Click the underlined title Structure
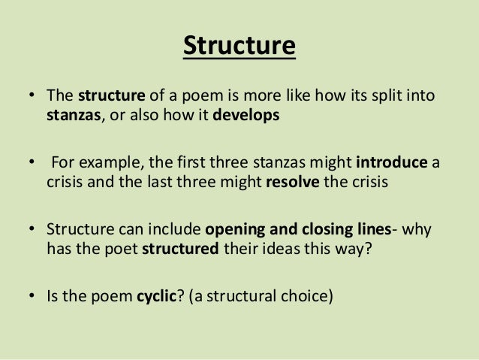239,46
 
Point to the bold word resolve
293,183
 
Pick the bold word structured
182,250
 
